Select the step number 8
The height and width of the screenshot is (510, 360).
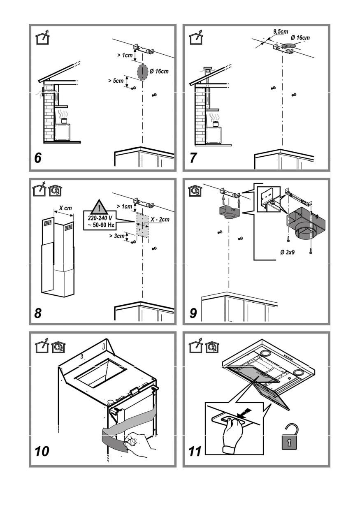coord(38,313)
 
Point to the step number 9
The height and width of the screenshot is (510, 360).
coord(193,313)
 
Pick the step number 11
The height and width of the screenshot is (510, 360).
coord(195,451)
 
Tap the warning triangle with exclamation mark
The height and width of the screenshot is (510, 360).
coord(99,206)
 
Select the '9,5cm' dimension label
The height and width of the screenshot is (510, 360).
coord(281,31)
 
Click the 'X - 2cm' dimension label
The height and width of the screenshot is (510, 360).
coord(159,220)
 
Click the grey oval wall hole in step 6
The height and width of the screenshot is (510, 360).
coord(142,72)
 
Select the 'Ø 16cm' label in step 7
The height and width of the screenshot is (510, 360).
coord(300,38)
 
